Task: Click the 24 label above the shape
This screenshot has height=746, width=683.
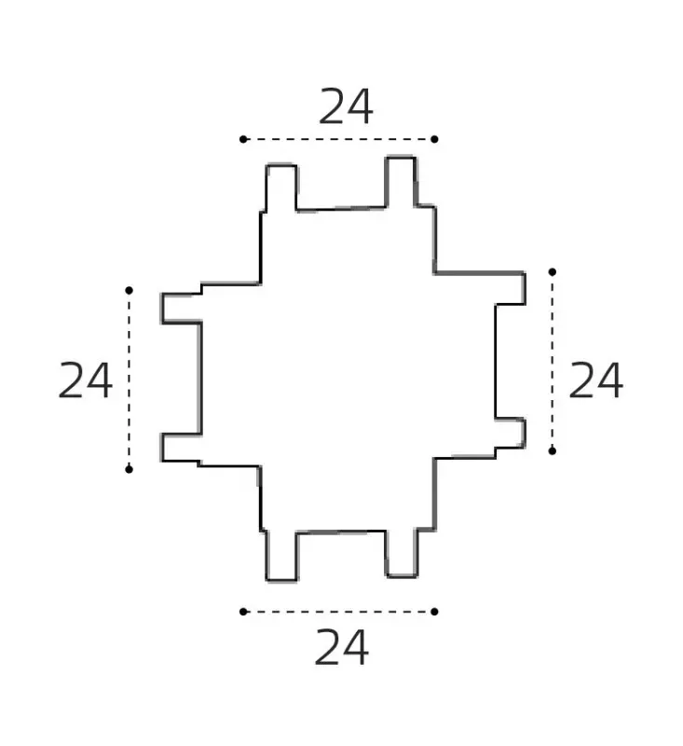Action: [346, 106]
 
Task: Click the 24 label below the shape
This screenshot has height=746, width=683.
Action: [341, 647]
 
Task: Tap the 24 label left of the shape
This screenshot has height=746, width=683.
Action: [85, 380]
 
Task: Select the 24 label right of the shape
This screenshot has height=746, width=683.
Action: [595, 380]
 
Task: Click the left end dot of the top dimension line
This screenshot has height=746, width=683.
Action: [243, 139]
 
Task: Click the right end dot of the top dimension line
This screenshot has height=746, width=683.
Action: [434, 139]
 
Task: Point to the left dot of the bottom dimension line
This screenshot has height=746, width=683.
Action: [243, 612]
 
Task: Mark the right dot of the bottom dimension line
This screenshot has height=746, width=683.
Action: [434, 612]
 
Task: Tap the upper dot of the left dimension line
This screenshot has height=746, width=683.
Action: [129, 290]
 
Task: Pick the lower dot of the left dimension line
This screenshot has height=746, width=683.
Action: [129, 470]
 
